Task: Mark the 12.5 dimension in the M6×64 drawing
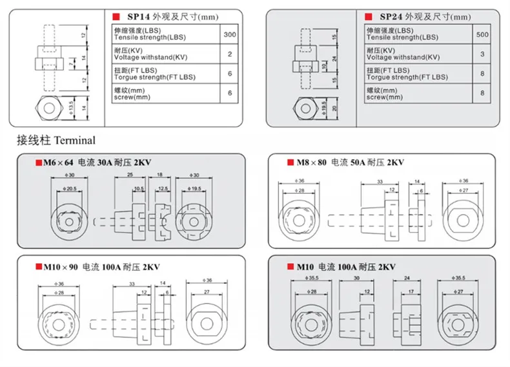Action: (163, 188)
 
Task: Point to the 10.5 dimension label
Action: (139, 188)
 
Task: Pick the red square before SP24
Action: (368, 17)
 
